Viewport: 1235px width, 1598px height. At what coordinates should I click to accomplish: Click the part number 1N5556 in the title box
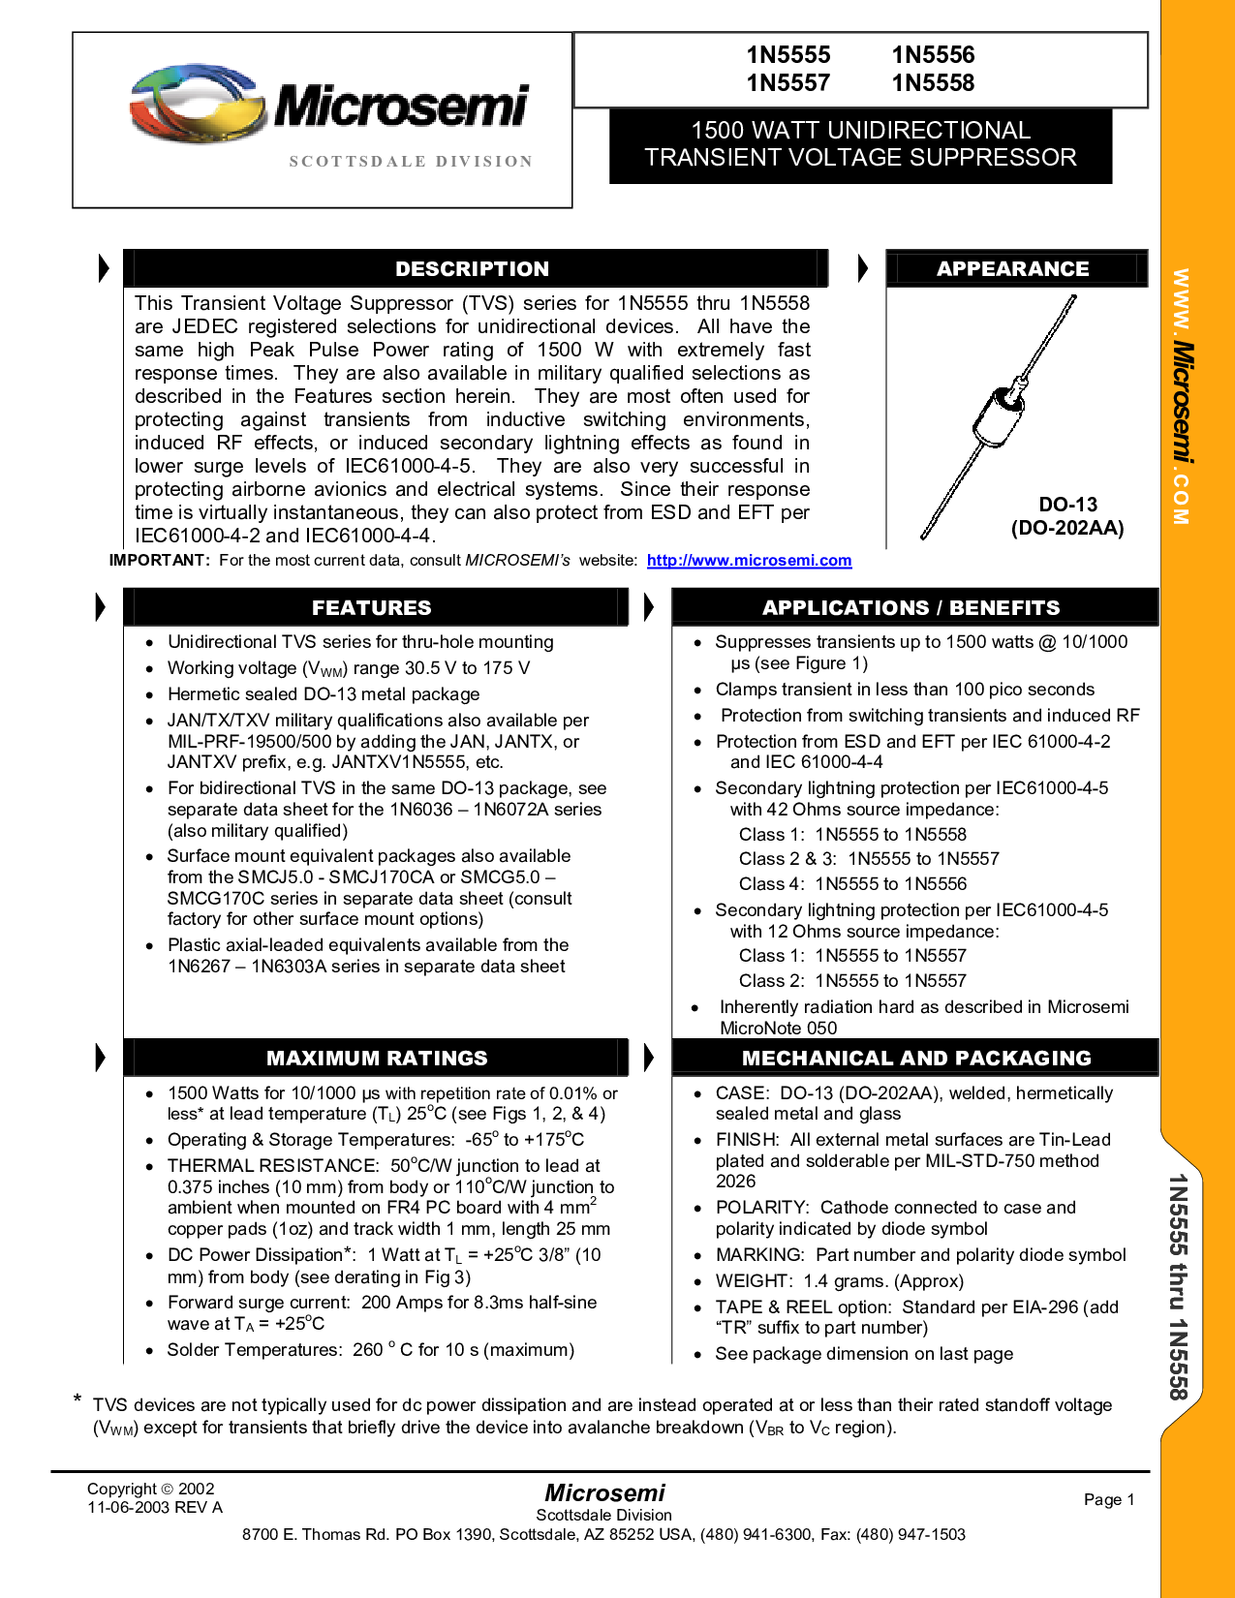point(933,54)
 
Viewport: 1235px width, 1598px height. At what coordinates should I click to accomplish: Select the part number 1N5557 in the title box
point(787,82)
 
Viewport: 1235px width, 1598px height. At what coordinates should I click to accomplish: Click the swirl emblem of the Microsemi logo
point(198,103)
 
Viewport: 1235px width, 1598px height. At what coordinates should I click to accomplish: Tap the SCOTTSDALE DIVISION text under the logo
point(411,161)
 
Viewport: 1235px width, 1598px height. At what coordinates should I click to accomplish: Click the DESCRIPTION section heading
point(473,268)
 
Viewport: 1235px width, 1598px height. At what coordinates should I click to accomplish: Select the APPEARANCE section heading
point(1013,268)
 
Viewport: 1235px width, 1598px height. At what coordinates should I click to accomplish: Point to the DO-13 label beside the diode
point(1067,505)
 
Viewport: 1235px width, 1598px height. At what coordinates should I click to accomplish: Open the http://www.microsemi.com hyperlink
point(750,561)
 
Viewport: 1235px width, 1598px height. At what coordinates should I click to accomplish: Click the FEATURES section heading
point(371,607)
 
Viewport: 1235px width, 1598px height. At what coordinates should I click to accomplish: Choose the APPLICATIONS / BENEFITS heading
point(911,607)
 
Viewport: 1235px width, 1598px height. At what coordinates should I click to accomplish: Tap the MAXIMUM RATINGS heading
point(377,1058)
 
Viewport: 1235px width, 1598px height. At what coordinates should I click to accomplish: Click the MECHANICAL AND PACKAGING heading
point(916,1058)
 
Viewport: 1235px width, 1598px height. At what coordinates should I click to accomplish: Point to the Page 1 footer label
point(1109,1499)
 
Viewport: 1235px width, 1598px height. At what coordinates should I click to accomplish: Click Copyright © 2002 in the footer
point(151,1489)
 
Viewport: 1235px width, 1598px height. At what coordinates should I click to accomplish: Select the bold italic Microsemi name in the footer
point(604,1492)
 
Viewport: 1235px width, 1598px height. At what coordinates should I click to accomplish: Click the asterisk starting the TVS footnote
point(77,1398)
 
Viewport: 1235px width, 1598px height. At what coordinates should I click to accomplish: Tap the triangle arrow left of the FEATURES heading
point(101,607)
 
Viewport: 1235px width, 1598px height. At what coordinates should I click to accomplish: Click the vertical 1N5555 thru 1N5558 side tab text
point(1179,1286)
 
